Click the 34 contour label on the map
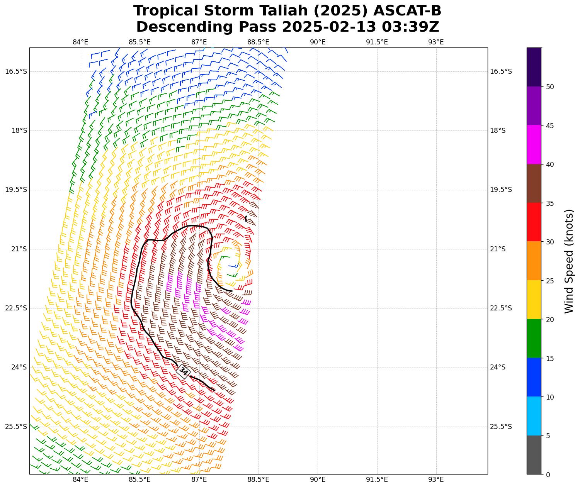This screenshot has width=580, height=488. [183, 371]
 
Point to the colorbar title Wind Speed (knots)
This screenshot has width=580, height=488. [569, 261]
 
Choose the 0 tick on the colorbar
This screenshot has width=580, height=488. [548, 475]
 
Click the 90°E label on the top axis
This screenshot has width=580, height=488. [318, 42]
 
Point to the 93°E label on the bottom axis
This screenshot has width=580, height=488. [436, 480]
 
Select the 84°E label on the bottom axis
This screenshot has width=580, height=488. [80, 480]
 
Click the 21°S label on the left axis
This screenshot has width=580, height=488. [19, 249]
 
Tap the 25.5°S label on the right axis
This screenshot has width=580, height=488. [501, 427]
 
